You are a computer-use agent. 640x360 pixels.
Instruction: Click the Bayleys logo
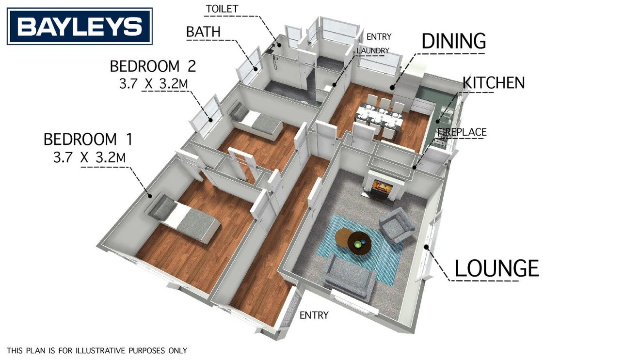[x=80, y=26]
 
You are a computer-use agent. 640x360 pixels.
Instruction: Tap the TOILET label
[x=222, y=9]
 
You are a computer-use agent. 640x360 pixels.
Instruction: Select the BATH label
[x=203, y=31]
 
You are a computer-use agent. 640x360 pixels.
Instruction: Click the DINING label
[x=453, y=41]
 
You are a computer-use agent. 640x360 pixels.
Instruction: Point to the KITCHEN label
[x=494, y=83]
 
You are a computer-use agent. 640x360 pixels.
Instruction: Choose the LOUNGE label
[x=496, y=268]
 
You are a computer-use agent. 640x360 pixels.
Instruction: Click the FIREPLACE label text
[x=462, y=132]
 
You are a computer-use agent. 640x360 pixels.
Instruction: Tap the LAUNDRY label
[x=372, y=51]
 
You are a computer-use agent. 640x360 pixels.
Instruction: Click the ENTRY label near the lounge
[x=314, y=315]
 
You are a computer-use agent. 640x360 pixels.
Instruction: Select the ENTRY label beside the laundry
[x=379, y=37]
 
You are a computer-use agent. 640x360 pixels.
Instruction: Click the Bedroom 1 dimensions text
[x=89, y=157]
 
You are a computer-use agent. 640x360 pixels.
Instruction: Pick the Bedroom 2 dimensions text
[x=153, y=84]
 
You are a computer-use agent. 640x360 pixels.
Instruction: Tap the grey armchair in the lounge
[x=397, y=225]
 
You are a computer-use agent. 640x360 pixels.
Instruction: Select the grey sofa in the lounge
[x=349, y=275]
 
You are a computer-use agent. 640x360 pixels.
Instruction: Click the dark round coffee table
[x=359, y=243]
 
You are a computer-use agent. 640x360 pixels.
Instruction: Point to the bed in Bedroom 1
[x=183, y=219]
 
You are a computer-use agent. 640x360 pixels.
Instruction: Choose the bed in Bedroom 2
[x=256, y=121]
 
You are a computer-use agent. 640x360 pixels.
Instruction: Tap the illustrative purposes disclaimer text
[x=97, y=351]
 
